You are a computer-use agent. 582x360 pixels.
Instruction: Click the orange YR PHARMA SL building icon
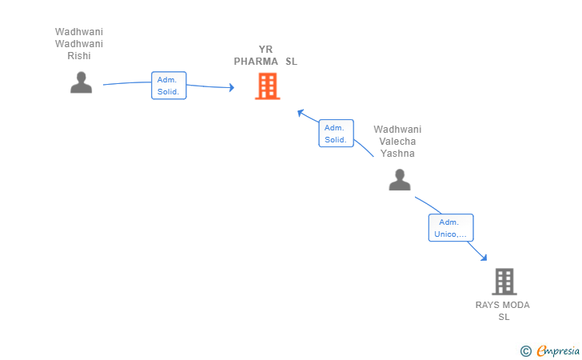point(267,86)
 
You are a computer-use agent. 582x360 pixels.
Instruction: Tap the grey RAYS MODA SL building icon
point(504,282)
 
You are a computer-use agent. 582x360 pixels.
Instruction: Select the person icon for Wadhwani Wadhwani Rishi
point(81,82)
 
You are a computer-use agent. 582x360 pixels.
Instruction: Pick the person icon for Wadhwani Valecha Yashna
point(399,180)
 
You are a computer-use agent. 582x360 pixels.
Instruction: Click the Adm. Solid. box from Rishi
point(169,86)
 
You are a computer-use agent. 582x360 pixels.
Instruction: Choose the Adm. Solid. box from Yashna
point(336,134)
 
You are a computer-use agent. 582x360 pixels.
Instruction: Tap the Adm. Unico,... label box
point(451,228)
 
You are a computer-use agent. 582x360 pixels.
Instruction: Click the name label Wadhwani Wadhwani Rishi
point(79,44)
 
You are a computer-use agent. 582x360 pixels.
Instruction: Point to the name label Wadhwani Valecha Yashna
point(397,142)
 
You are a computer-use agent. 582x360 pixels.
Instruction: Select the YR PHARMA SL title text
point(265,55)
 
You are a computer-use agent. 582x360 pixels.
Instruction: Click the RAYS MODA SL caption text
point(503,310)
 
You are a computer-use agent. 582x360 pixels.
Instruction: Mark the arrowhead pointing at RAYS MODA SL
point(484,258)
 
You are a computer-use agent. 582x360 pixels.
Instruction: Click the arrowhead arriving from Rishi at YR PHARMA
point(231,88)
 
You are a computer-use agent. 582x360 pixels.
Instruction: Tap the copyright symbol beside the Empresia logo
point(525,350)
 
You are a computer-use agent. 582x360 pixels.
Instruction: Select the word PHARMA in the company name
point(256,62)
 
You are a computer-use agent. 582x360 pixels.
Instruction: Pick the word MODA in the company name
point(515,305)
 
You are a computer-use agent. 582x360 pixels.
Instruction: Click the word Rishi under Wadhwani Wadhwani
point(79,56)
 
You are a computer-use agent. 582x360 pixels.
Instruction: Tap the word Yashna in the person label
point(397,154)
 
